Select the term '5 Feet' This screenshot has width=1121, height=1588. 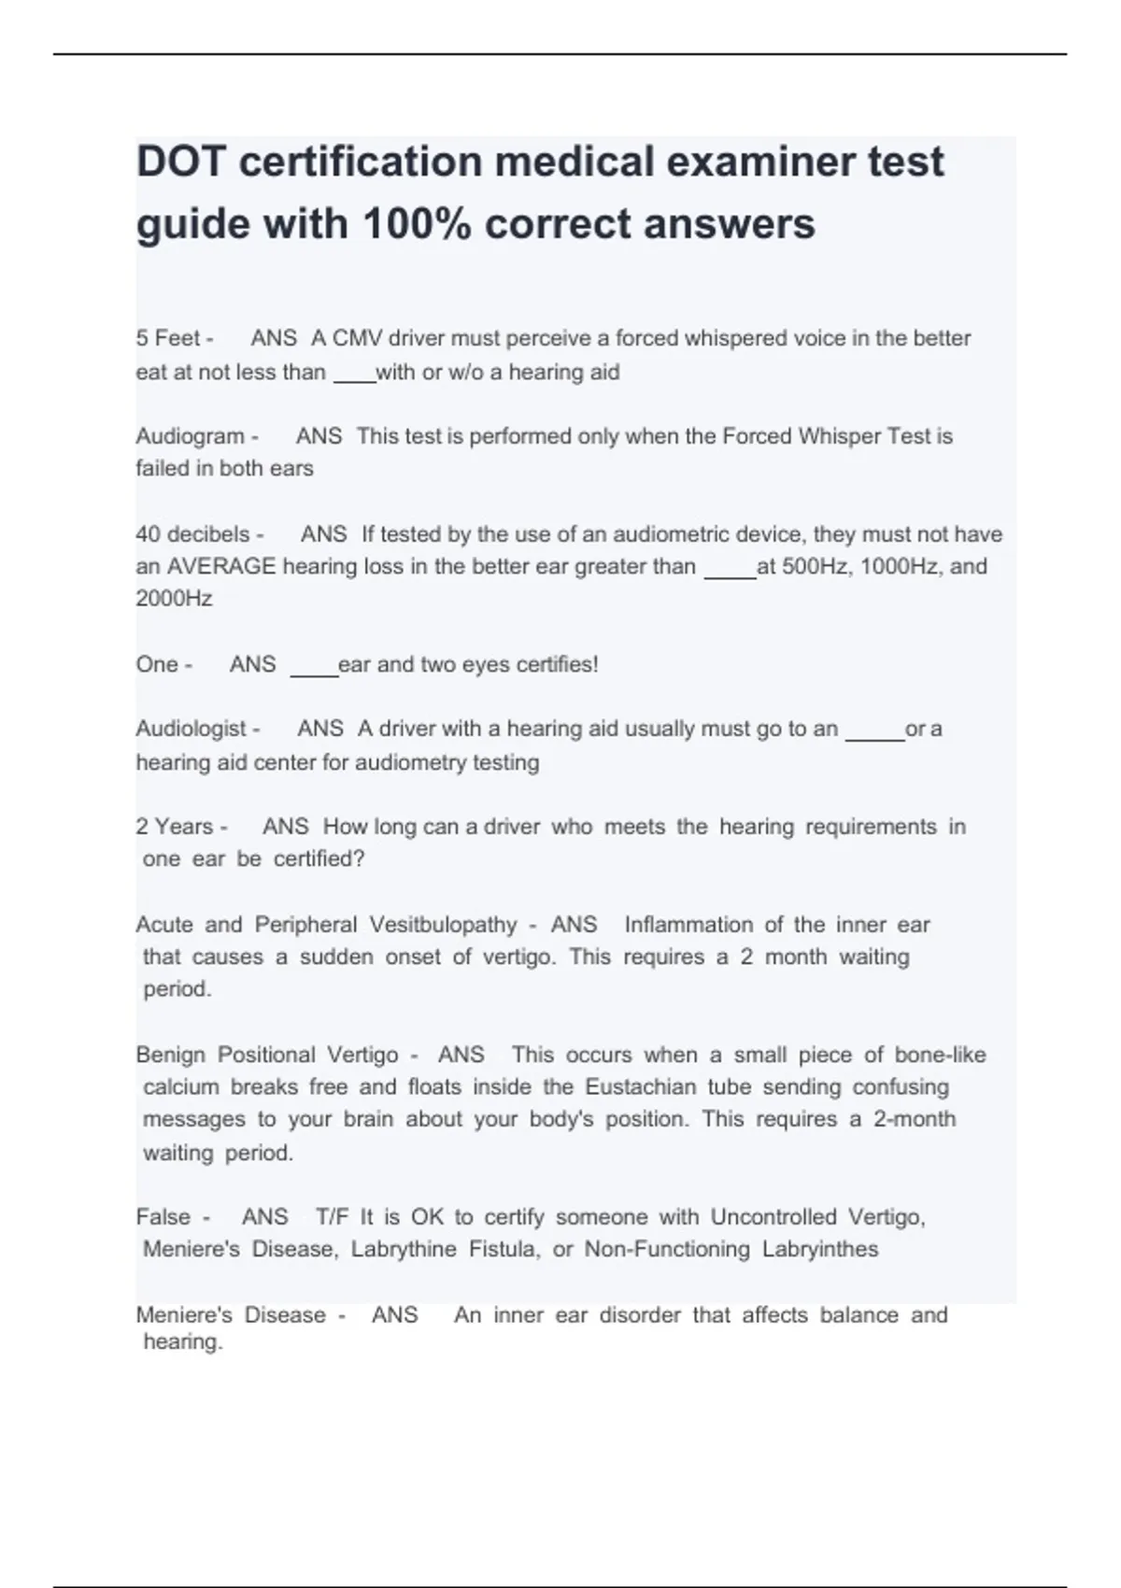(x=168, y=338)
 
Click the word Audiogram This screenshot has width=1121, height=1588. (x=190, y=436)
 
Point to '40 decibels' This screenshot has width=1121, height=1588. (x=192, y=534)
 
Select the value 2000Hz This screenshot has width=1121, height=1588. (x=174, y=599)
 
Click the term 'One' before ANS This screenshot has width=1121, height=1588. (x=156, y=664)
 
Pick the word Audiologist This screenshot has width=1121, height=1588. (x=191, y=729)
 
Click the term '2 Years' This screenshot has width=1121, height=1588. (x=175, y=827)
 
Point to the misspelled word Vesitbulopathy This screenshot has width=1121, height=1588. (x=443, y=925)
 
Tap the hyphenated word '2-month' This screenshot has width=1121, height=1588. (x=915, y=1119)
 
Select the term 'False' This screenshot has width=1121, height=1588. (x=163, y=1217)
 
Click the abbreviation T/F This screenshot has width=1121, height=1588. (x=332, y=1217)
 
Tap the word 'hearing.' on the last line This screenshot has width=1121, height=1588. (x=183, y=1342)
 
